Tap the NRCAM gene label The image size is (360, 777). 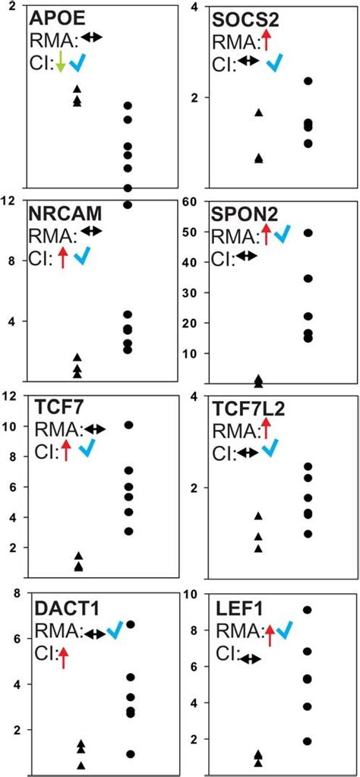click(x=66, y=212)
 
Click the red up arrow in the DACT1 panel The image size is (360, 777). click(x=64, y=656)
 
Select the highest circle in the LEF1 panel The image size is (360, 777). click(x=308, y=610)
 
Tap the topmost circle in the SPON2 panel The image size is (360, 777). click(x=308, y=233)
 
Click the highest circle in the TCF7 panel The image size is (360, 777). click(x=129, y=425)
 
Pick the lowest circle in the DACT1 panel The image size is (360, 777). click(x=129, y=754)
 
